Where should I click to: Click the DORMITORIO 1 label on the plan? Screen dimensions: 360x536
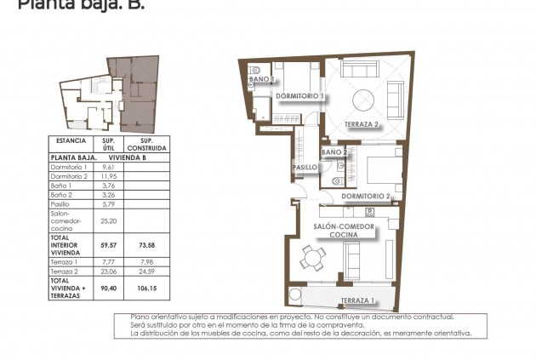point(299,96)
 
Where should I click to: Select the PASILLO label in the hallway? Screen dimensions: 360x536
point(305,168)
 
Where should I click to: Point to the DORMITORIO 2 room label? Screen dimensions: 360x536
point(366,197)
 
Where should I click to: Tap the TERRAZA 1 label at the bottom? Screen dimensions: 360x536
point(356,301)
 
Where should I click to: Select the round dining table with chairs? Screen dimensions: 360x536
point(316,258)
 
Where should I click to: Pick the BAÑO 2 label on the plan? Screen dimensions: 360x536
point(333,152)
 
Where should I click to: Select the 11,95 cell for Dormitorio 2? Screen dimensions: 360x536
point(108,176)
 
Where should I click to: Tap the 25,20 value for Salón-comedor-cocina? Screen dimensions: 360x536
point(108,220)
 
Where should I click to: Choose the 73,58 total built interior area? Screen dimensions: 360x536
point(146,243)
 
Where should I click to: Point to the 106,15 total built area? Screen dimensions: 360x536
point(146,287)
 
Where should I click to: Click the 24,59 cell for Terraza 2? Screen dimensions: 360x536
point(146,271)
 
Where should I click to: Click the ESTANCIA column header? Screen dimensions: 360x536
point(71,140)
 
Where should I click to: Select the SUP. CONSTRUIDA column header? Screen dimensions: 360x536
point(146,144)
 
